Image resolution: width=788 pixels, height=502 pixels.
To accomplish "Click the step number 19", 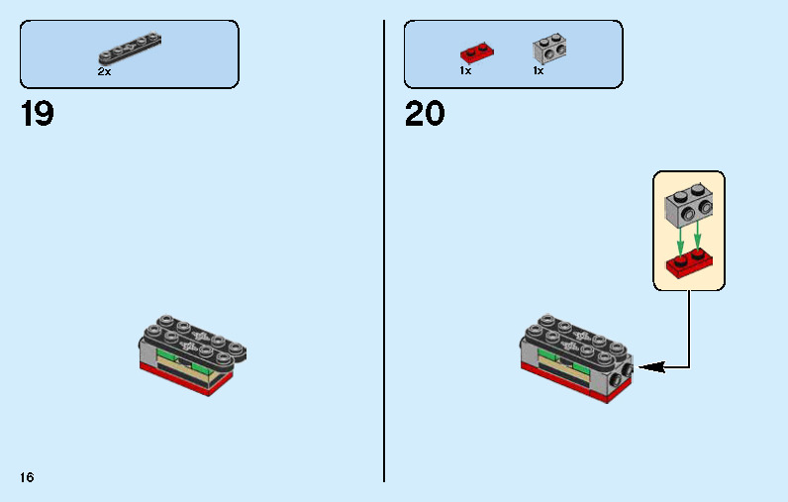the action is tap(38, 113).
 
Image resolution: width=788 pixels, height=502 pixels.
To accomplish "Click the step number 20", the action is tap(425, 113).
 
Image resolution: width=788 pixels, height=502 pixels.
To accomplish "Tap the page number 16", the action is tap(27, 477).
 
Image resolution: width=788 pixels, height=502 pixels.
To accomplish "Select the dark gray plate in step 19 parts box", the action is tap(130, 49).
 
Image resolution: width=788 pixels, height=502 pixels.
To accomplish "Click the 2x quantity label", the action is tap(104, 72).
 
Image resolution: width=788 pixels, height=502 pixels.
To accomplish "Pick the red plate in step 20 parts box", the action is tap(477, 52).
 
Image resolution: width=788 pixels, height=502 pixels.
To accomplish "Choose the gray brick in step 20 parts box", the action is tap(549, 49).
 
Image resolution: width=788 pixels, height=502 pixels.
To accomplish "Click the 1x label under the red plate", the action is tap(465, 71).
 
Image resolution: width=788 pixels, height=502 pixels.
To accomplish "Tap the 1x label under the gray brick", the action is tap(539, 71).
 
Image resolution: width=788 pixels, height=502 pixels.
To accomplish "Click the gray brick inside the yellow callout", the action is tap(688, 205).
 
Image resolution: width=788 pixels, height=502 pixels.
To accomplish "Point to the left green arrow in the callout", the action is tap(680, 241).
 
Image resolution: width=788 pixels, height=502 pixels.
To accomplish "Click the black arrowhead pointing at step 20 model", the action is tap(652, 367).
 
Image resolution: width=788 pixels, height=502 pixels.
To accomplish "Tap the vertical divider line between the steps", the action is tap(384, 251).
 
